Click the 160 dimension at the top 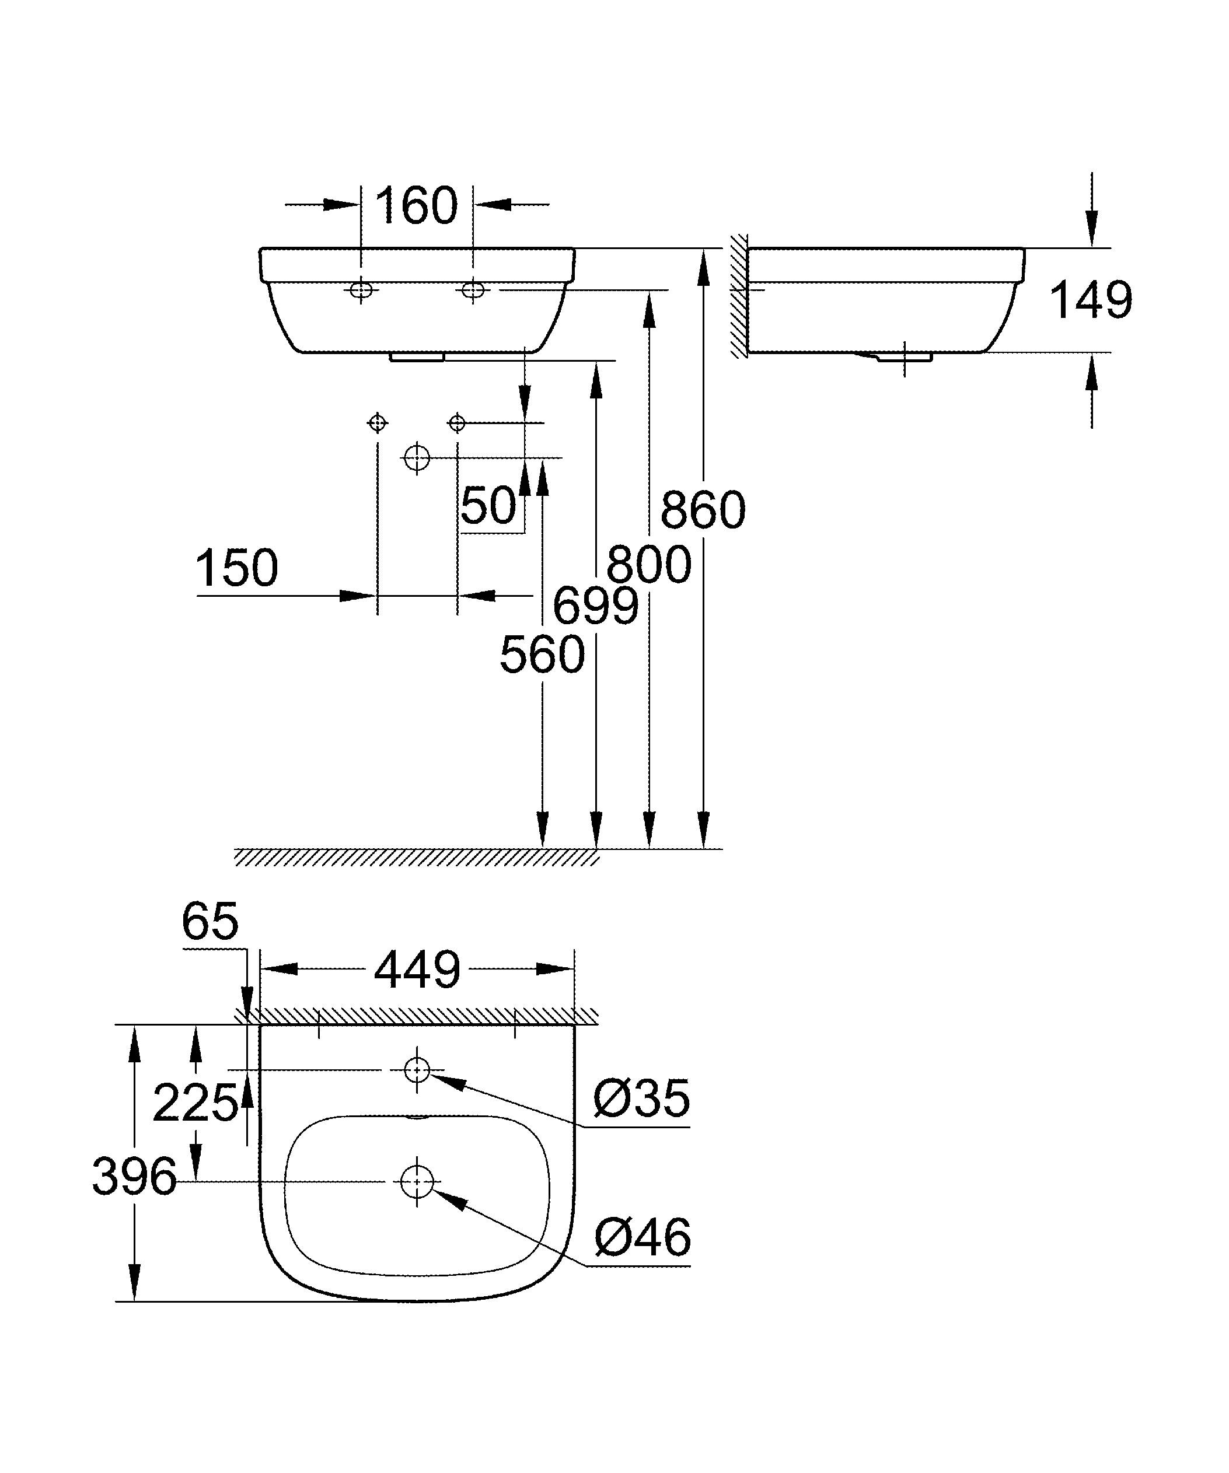tap(416, 207)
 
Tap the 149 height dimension tap(1090, 300)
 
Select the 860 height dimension tap(702, 510)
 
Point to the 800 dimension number tap(649, 565)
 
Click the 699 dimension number tap(596, 606)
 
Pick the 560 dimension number tap(542, 655)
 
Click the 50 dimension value tap(488, 505)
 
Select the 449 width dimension tap(417, 971)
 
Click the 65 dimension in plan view tap(210, 921)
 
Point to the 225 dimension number tap(195, 1103)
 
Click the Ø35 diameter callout tap(641, 1099)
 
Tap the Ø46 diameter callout tap(642, 1238)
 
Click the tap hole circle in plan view tap(417, 1070)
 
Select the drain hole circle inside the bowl tap(417, 1181)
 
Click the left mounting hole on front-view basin tap(361, 289)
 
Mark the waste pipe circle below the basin tap(417, 458)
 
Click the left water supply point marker tap(378, 423)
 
